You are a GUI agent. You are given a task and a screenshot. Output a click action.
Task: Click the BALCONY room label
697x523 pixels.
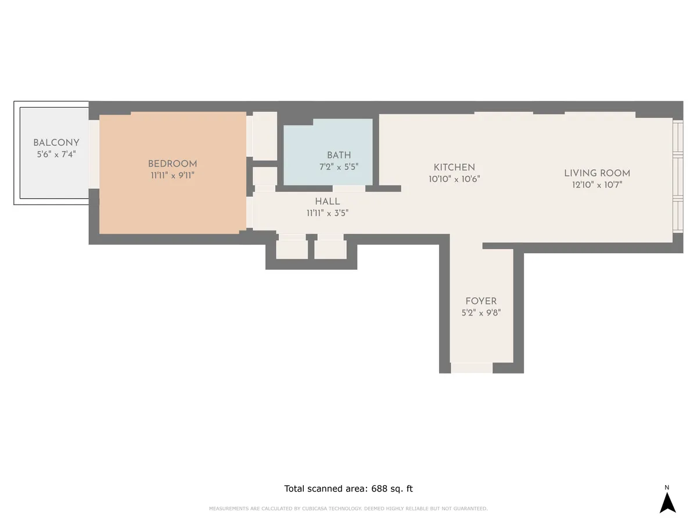[x=56, y=143]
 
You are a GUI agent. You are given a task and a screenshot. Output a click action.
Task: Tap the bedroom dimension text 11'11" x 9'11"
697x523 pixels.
[x=173, y=175]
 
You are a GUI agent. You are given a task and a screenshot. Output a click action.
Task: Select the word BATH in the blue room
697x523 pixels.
[x=339, y=155]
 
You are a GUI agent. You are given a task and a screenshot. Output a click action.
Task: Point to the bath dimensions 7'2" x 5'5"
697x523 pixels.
[x=339, y=166]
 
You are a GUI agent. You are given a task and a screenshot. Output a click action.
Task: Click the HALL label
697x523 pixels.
[x=328, y=202]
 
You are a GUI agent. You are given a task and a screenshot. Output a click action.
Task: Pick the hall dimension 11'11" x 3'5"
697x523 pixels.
[x=328, y=213]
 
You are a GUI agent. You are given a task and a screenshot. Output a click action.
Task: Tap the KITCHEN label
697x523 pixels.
[x=454, y=167]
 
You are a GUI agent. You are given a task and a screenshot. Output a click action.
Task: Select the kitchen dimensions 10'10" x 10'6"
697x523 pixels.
[x=454, y=179]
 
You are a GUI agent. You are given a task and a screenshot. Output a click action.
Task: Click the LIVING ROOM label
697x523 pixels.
[x=597, y=173]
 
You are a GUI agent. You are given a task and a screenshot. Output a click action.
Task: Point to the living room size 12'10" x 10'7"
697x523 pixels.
[x=597, y=185]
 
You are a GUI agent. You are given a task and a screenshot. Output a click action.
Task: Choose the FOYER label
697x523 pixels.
[x=481, y=301]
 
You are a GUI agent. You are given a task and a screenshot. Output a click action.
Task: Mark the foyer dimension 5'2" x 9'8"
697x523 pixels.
[x=481, y=312]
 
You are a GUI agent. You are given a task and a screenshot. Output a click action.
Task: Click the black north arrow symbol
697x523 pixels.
[x=667, y=503]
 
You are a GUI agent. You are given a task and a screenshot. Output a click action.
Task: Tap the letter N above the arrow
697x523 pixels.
[x=667, y=487]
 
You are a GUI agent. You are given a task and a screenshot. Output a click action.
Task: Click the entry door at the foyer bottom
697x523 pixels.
[x=472, y=368]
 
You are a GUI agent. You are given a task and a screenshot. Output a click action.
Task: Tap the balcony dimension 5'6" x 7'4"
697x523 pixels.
[x=56, y=154]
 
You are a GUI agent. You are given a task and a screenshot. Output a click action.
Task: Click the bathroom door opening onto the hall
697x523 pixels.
[x=349, y=188]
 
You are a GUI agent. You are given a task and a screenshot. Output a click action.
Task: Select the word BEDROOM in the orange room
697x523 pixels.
[x=173, y=164]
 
